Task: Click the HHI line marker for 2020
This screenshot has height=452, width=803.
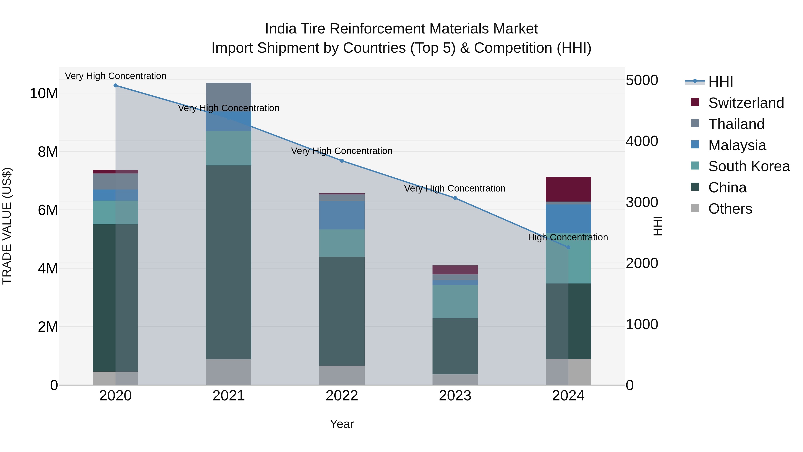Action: point(115,85)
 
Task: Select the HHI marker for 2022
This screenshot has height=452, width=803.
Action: point(342,161)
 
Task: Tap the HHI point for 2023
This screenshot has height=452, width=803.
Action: point(455,198)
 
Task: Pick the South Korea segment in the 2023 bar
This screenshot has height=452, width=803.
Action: point(455,301)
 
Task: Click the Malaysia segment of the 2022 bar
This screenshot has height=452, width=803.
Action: point(342,215)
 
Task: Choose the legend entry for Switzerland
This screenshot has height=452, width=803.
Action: point(746,103)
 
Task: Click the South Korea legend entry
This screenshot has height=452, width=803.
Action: point(749,166)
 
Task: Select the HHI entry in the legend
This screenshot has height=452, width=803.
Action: point(720,82)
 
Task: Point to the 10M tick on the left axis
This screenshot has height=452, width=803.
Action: point(44,93)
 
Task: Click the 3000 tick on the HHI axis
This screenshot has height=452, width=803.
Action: point(642,202)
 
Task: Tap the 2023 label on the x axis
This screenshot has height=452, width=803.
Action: point(455,396)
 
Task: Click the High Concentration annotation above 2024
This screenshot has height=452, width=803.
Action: point(568,237)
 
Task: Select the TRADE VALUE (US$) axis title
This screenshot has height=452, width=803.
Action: point(7,226)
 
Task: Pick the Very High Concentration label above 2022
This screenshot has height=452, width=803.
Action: point(342,151)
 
